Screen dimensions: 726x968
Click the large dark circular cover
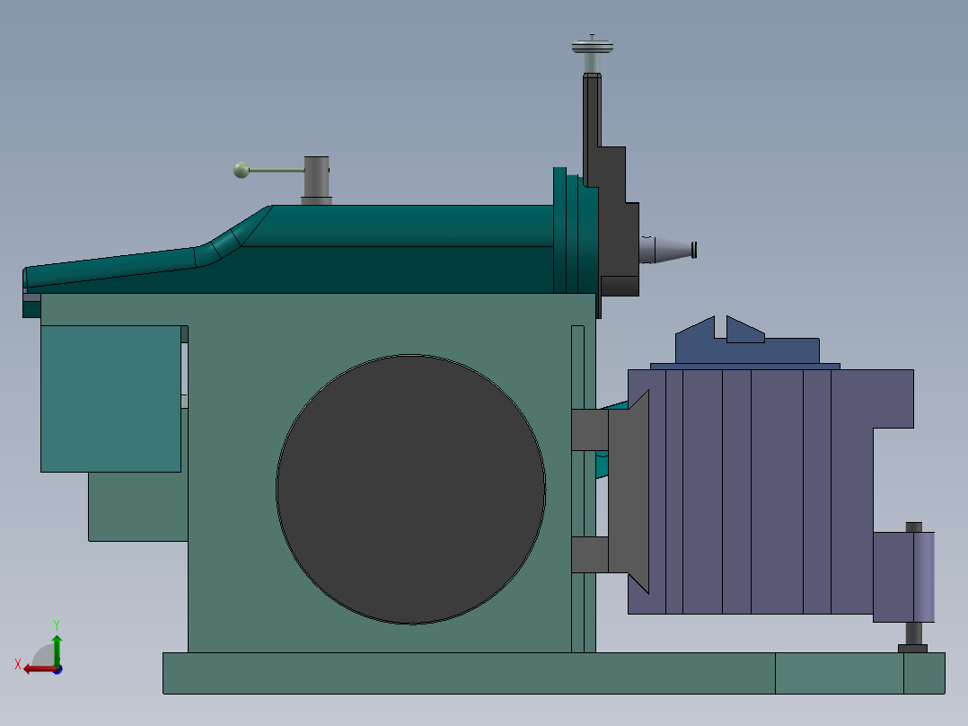[x=410, y=489]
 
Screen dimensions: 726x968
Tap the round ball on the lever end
[x=241, y=170]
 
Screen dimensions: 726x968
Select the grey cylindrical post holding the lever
[x=316, y=179]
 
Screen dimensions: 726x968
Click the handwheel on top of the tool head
[x=592, y=45]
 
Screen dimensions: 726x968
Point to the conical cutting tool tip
[x=669, y=249]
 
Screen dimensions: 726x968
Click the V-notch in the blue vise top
[x=720, y=328]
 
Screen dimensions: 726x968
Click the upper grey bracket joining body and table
[x=590, y=429]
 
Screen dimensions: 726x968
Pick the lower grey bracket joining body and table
[x=590, y=554]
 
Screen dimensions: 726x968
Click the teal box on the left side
[x=110, y=398]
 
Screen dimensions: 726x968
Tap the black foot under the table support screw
[x=913, y=648]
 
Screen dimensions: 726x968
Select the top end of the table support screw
[x=913, y=527]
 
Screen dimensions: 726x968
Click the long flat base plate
[x=467, y=673]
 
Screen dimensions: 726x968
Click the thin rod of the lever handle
[x=277, y=170]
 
